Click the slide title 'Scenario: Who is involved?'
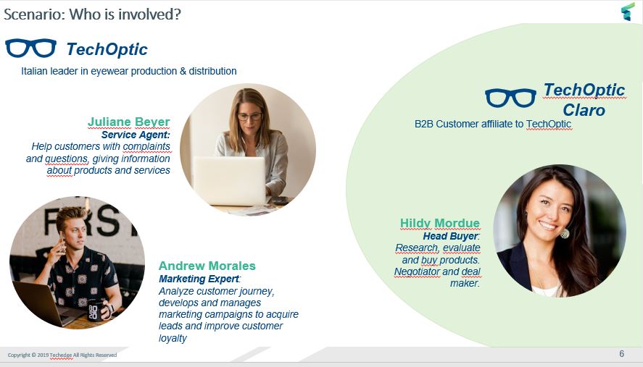(92, 14)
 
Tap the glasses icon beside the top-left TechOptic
(30, 48)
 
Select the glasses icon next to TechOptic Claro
(510, 98)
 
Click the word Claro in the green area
(584, 110)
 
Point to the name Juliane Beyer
(129, 122)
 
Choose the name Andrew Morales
(207, 266)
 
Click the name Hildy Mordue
(439, 223)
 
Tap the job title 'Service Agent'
(135, 135)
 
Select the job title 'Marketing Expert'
(199, 279)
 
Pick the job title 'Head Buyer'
(450, 236)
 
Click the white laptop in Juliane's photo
(230, 181)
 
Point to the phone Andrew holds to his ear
(61, 241)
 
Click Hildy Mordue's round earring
(565, 234)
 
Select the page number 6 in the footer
(622, 354)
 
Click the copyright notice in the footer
(62, 355)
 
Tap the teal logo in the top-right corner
(628, 12)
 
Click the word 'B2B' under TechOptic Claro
(423, 124)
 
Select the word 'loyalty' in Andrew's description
(173, 338)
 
